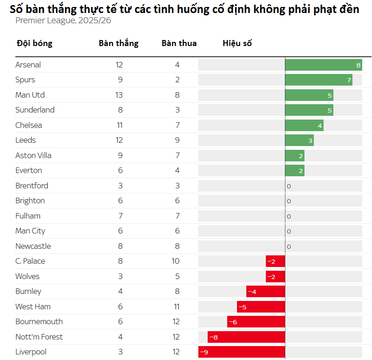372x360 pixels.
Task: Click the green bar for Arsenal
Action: (323, 65)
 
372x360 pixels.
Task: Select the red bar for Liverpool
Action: (242, 352)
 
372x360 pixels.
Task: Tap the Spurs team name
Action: (25, 80)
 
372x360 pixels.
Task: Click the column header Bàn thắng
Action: (119, 43)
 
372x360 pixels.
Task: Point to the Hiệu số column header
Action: (237, 43)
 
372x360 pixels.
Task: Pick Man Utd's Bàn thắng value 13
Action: (119, 95)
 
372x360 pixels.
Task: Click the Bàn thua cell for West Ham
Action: (176, 307)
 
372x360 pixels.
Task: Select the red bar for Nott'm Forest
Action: (246, 337)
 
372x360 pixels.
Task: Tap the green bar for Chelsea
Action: (304, 126)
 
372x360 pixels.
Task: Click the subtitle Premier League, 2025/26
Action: (63, 20)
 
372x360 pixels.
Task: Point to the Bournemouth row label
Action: (39, 322)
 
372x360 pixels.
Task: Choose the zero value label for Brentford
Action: (289, 186)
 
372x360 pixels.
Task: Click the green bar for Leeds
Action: (299, 140)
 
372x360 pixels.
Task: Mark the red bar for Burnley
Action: (265, 292)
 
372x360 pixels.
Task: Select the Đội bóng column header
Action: (34, 43)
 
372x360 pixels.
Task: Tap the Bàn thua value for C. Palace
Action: (176, 261)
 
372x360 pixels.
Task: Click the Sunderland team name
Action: (35, 110)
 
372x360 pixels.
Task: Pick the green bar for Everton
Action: (294, 171)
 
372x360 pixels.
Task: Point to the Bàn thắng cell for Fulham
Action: (120, 216)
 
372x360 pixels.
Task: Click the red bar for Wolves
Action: (275, 276)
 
